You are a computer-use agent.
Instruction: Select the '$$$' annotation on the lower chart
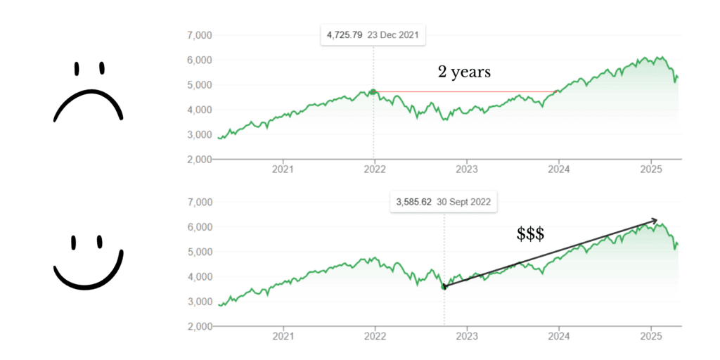point(530,235)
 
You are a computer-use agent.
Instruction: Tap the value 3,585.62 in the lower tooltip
point(414,202)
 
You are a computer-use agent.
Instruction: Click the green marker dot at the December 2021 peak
point(373,91)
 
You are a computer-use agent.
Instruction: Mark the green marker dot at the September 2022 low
point(444,286)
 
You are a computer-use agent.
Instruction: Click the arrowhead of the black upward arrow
point(655,221)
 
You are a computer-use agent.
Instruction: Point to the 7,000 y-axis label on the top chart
point(200,35)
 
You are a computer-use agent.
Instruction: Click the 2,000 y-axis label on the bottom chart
point(200,326)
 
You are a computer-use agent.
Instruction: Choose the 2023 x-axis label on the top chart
point(466,169)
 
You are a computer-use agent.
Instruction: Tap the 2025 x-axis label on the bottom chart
point(651,336)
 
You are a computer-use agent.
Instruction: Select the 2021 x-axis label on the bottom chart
point(283,336)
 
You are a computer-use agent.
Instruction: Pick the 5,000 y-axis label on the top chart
point(200,85)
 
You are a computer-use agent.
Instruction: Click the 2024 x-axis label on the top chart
point(558,169)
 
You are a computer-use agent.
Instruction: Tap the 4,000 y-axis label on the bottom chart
point(200,277)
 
